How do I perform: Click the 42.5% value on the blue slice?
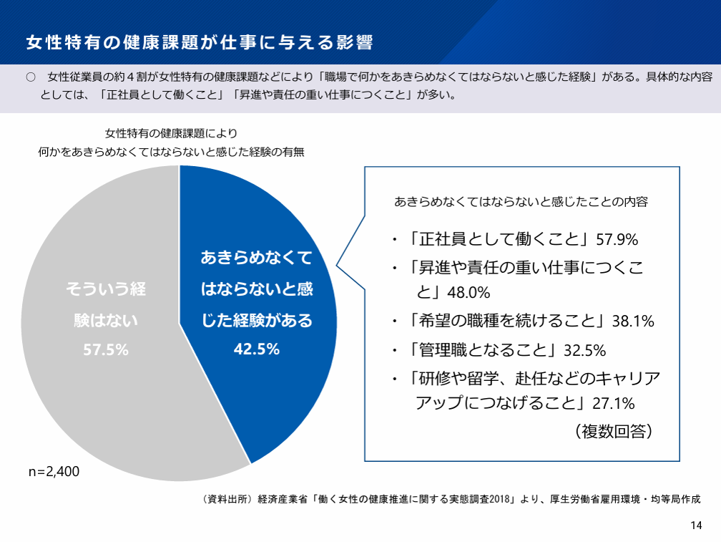257,349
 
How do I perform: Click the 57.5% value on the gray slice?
106,350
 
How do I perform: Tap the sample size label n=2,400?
54,472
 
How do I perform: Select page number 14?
696,526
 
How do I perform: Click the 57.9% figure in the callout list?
617,240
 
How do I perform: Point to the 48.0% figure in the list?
469,293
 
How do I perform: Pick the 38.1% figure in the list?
633,321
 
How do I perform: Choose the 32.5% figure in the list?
585,351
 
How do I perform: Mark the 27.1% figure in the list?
614,404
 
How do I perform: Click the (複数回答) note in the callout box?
614,432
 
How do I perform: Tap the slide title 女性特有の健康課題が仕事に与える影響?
199,42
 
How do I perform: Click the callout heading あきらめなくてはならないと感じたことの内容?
521,201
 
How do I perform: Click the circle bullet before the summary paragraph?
31,77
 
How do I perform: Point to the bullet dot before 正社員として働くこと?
395,240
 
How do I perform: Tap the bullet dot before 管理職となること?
395,351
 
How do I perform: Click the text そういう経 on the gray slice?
106,289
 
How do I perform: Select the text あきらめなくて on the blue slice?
257,258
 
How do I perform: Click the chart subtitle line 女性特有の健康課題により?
171,133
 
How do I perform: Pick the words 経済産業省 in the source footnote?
283,499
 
